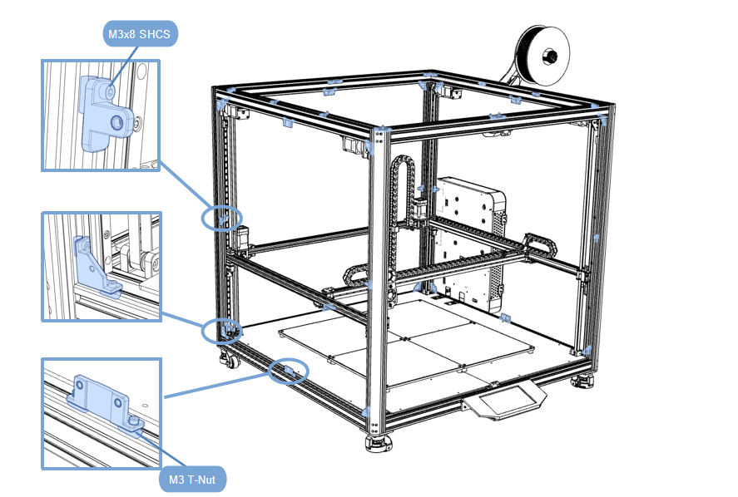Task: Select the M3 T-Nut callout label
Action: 191,478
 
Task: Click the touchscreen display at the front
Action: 506,402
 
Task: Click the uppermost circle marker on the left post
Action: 222,218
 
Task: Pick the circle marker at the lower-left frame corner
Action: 220,330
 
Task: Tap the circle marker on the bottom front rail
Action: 288,371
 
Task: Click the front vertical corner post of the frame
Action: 379,283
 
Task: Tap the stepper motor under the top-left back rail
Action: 354,145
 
